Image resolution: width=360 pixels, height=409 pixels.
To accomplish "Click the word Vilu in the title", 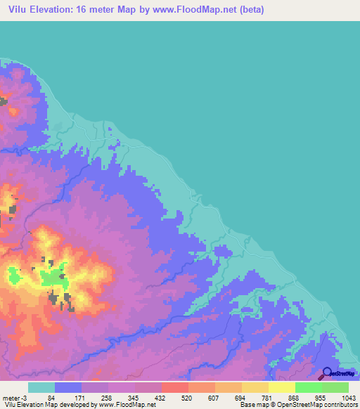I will [19, 11].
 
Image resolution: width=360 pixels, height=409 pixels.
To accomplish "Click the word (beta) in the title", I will [248, 11].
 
